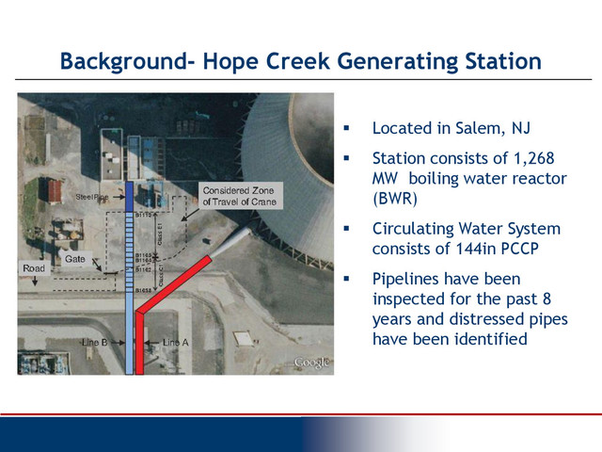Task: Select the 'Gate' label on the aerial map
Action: pyautogui.click(x=75, y=258)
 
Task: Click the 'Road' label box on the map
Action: pyautogui.click(x=33, y=269)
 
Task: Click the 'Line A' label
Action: pyautogui.click(x=176, y=342)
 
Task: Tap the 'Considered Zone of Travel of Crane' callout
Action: pyautogui.click(x=232, y=196)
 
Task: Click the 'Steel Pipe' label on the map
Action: pyautogui.click(x=93, y=197)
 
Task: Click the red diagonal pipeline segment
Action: pyautogui.click(x=175, y=283)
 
